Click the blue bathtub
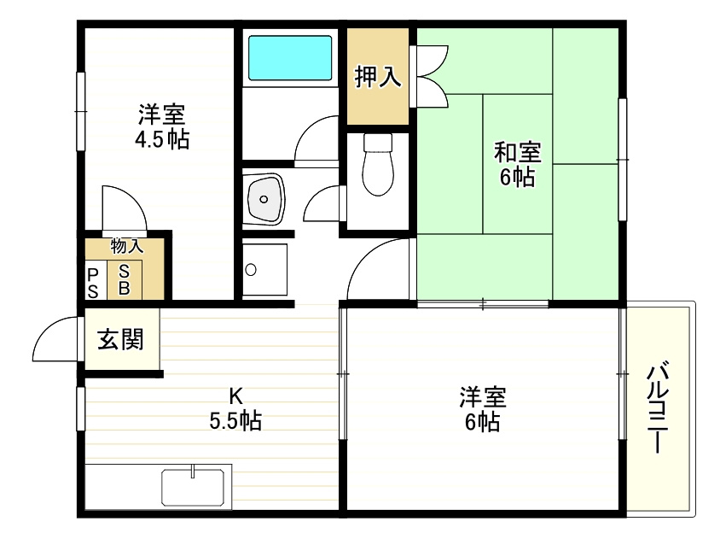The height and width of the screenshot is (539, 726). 289,57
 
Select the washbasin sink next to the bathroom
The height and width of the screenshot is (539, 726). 264,198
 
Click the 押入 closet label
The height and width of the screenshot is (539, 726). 378,77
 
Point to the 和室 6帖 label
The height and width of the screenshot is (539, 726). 518,164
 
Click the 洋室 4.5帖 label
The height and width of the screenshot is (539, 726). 161,126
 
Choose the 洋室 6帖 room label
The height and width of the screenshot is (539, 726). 483,409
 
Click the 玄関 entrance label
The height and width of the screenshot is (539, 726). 120,341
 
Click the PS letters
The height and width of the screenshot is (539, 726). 93,281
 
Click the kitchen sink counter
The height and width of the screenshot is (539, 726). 195,488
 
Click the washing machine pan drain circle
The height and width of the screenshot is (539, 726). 250,270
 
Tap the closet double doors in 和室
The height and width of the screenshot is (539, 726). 431,77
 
